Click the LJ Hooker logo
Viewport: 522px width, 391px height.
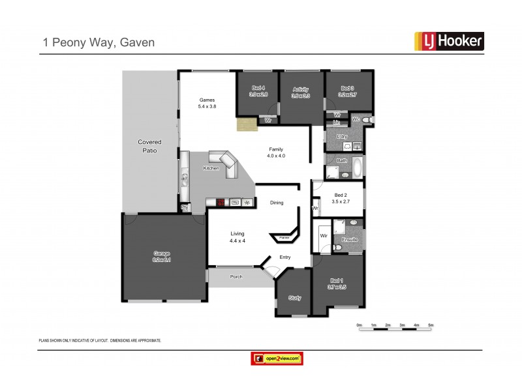449,42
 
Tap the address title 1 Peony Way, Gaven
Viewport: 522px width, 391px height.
99,42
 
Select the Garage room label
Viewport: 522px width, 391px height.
162,256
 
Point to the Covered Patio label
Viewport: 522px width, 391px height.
149,146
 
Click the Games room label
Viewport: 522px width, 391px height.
207,103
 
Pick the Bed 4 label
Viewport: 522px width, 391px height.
258,91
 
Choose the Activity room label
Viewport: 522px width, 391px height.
300,92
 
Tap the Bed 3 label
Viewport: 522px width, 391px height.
346,91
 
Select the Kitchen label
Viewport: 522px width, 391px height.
211,169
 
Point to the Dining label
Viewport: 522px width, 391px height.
277,203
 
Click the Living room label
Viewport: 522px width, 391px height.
237,237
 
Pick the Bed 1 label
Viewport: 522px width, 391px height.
337,283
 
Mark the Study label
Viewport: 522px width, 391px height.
294,298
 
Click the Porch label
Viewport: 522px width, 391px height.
236,277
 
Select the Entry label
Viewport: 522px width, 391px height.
285,257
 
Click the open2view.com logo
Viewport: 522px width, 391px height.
278,358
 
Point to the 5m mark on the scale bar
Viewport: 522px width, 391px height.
431,325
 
